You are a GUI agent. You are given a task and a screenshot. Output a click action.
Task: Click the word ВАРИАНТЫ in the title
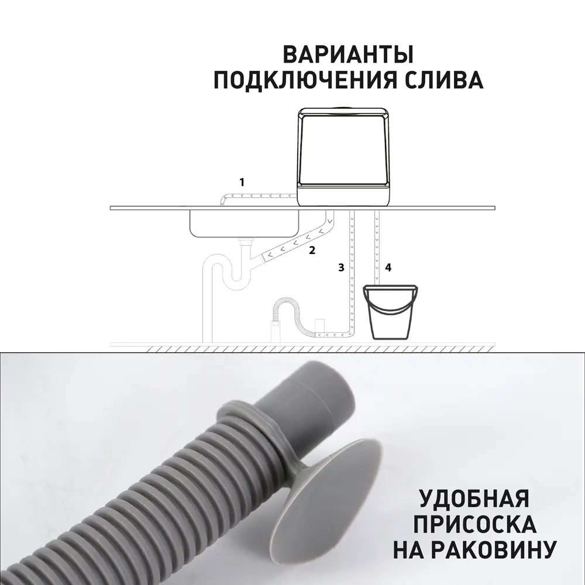[x=349, y=54]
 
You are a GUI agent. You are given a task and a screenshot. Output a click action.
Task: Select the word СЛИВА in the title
[x=449, y=80]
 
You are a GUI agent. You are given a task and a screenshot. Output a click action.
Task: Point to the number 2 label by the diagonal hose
[x=312, y=250]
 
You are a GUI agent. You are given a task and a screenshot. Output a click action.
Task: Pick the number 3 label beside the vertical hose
[x=340, y=267]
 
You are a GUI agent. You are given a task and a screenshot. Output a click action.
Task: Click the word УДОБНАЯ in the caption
[x=474, y=499]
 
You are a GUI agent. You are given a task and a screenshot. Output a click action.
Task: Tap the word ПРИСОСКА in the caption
[x=474, y=524]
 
